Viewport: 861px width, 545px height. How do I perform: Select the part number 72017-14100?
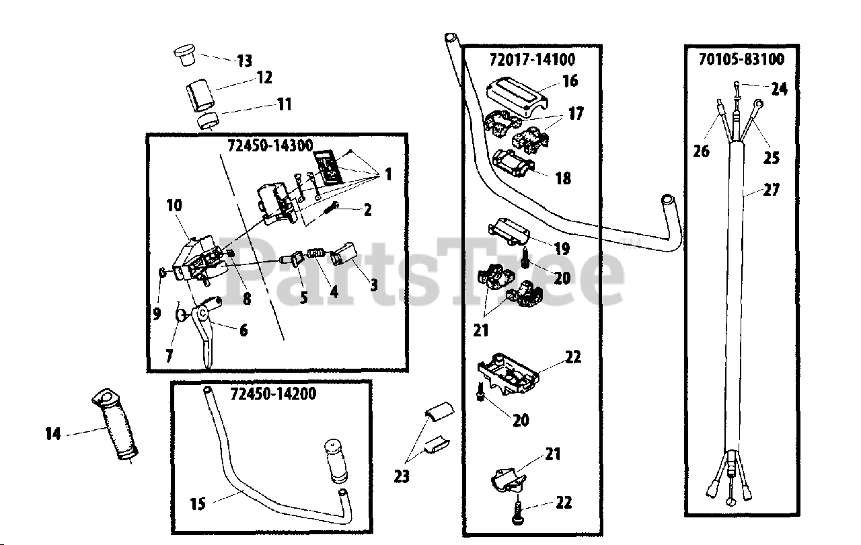pos(532,60)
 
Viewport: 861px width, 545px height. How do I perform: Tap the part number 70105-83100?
pos(741,60)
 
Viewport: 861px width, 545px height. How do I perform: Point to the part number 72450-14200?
pos(272,393)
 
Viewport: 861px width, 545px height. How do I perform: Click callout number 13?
pos(244,61)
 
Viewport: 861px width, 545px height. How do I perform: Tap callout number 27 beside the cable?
pos(771,190)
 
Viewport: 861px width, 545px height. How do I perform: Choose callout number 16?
pos(570,81)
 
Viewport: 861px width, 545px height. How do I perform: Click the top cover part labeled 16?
pos(516,93)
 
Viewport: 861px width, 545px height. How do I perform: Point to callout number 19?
pos(562,249)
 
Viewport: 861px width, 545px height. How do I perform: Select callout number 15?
pos(198,503)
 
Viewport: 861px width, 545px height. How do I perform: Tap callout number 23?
pos(402,476)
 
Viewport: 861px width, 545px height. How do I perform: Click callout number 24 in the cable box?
pos(779,88)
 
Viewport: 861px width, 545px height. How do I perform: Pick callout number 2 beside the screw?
pos(367,210)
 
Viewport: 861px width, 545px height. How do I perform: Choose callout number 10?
pos(174,205)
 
